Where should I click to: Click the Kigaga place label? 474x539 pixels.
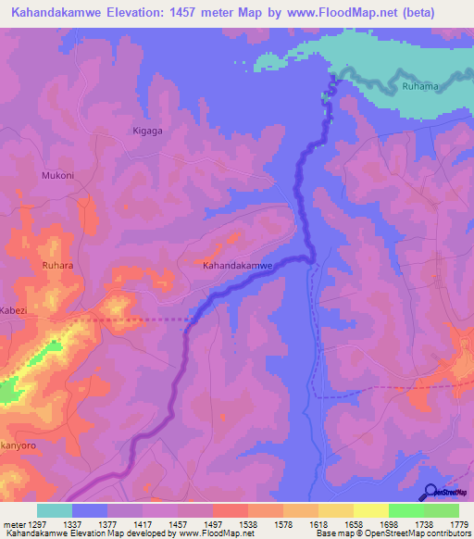pyautogui.click(x=147, y=131)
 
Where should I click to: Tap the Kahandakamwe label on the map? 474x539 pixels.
pyautogui.click(x=237, y=265)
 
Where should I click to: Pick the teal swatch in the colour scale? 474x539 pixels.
pyautogui.click(x=55, y=510)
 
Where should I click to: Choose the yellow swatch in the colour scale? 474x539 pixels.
pyautogui.click(x=370, y=510)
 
